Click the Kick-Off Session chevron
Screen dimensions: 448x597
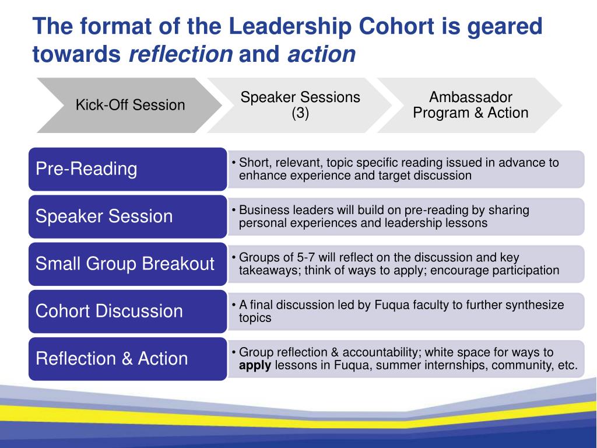[x=129, y=105]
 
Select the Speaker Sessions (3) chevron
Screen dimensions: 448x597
[x=300, y=105]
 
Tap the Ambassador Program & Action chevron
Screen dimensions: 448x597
[x=470, y=105]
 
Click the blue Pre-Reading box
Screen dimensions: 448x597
[x=127, y=169]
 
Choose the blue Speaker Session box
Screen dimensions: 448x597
[x=127, y=216]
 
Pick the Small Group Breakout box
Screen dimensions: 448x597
[x=127, y=264]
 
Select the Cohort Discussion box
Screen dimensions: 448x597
[x=127, y=311]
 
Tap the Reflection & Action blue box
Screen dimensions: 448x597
[x=127, y=358]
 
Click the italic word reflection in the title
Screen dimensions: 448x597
[x=180, y=54]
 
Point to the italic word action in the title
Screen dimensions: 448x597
[x=321, y=54]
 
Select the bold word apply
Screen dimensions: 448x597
[x=255, y=366]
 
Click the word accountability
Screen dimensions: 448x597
[x=381, y=352]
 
